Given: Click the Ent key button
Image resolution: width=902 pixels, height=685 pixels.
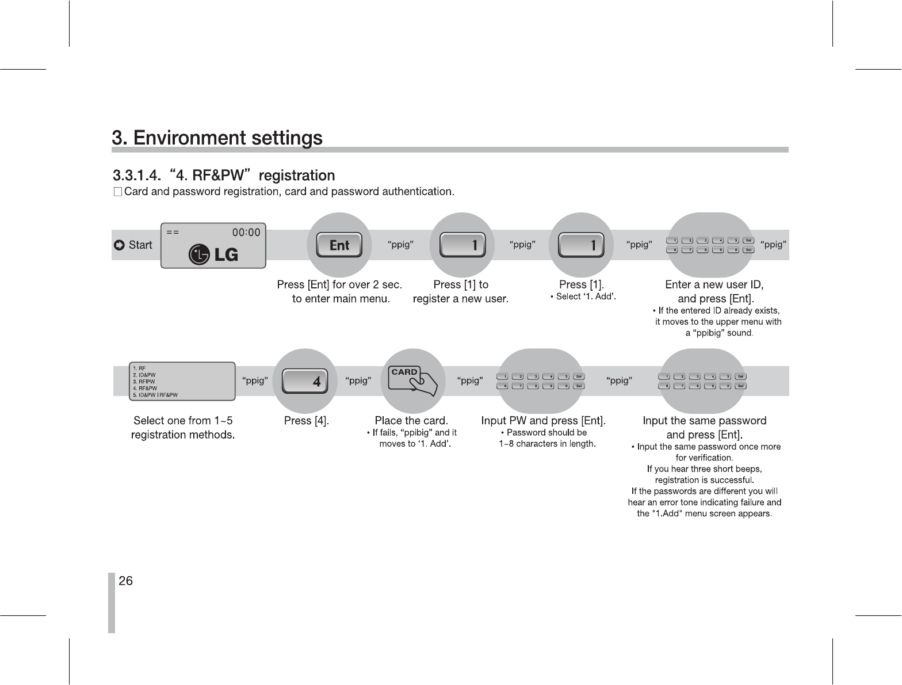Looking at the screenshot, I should [x=339, y=245].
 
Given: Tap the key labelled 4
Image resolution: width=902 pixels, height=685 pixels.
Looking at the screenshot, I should [x=305, y=381].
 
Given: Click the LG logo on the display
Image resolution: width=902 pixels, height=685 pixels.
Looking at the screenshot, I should [x=213, y=254].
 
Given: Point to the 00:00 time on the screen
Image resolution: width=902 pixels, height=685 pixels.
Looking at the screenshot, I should [x=246, y=233].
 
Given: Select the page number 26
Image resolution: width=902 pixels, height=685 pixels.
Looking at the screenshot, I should [x=125, y=581].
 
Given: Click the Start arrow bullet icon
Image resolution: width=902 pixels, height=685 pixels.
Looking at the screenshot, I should [x=119, y=246].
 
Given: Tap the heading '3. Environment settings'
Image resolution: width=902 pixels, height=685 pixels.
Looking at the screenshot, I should [x=217, y=138].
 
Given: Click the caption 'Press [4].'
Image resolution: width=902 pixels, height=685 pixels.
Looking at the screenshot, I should [x=307, y=421].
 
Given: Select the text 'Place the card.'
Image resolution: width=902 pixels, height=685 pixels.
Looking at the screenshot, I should [x=411, y=421].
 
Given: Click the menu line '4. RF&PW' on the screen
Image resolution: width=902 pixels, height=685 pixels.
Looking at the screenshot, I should [x=144, y=388].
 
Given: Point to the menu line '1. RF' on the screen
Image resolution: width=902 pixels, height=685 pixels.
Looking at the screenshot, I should [x=139, y=368].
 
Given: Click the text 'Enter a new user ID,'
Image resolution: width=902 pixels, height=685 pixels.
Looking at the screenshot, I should [x=714, y=284].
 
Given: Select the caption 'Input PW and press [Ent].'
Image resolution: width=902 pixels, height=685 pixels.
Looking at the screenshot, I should [x=543, y=421].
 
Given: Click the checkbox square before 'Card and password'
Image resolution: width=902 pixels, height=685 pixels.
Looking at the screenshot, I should [x=117, y=192].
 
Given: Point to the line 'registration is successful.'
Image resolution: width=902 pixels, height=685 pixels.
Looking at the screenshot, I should [x=704, y=480].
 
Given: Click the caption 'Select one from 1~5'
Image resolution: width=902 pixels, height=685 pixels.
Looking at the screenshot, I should [x=183, y=421].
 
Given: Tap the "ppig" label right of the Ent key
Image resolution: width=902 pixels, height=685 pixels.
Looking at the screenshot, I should [x=400, y=245].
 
